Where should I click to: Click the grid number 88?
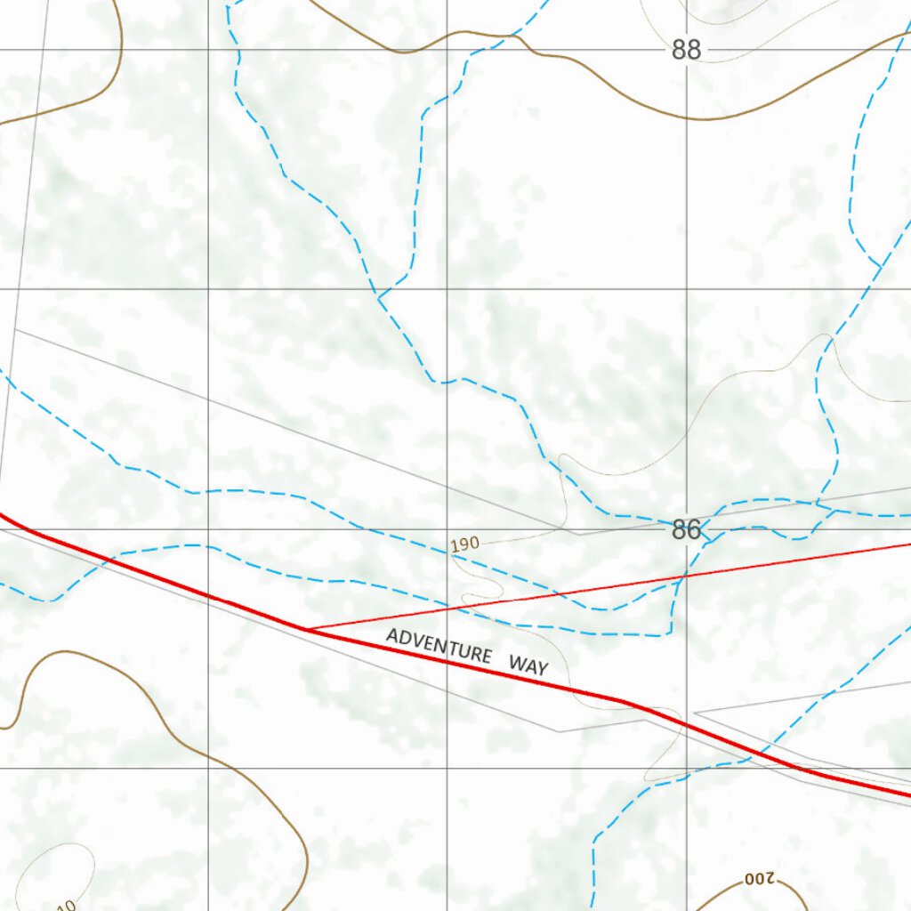[x=686, y=50]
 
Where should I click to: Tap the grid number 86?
[x=686, y=530]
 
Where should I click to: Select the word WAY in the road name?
[x=528, y=664]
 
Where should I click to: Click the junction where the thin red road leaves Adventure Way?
[x=306, y=629]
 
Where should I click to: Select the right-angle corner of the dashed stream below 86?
[x=669, y=635]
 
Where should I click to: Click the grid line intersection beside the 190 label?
[x=447, y=529]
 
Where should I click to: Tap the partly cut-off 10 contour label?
[x=64, y=905]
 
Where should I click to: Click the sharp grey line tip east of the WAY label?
[x=695, y=713]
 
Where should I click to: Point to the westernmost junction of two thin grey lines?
[x=15, y=330]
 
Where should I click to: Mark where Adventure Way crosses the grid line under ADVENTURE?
[x=447, y=663]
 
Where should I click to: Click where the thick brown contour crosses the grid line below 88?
[x=686, y=117]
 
